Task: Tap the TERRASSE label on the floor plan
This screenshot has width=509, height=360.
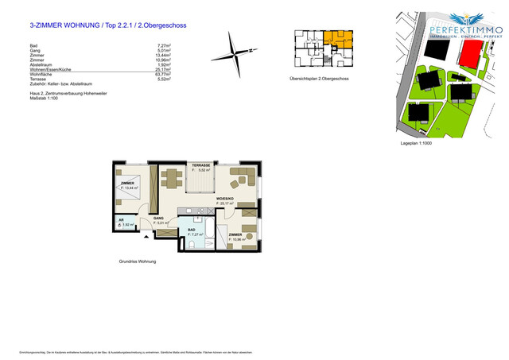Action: point(200,166)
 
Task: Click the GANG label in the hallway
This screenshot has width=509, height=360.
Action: point(159,218)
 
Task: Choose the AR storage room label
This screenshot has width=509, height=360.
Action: point(122,220)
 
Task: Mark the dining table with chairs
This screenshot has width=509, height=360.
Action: point(171,177)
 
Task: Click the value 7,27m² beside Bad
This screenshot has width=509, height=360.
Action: point(165,46)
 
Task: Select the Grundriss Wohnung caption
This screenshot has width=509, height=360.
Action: point(137,261)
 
